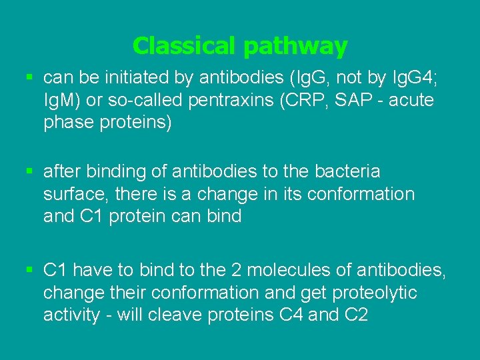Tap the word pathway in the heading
[x=295, y=47]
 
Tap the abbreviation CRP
[x=317, y=101]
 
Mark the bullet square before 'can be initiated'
[x=29, y=77]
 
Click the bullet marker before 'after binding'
[x=29, y=171]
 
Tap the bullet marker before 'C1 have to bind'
[x=29, y=270]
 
